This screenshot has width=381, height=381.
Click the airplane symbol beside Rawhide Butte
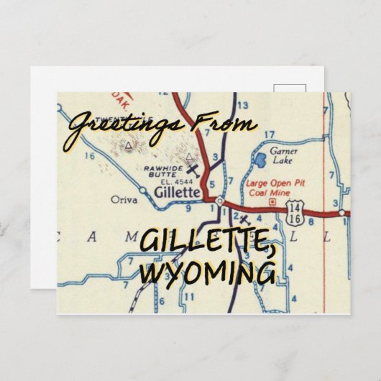tap(192, 170)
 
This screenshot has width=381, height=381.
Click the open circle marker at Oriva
tap(142, 190)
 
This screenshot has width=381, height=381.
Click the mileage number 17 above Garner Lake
tap(269, 134)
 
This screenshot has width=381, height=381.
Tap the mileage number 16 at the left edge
tap(88, 155)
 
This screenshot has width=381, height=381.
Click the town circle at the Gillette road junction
tap(219, 203)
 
